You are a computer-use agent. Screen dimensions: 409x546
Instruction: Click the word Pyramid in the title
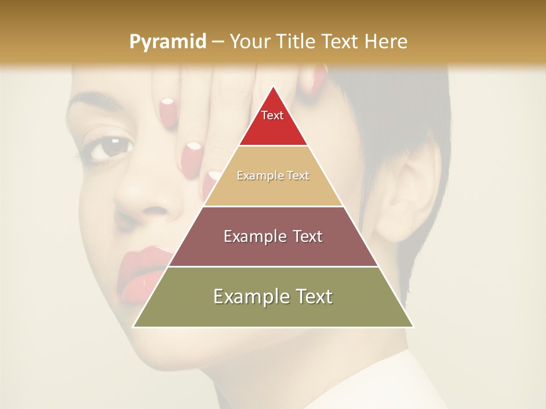[x=167, y=42]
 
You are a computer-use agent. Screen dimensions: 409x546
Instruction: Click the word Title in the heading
[x=295, y=41]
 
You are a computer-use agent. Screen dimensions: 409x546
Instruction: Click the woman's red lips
[x=142, y=273]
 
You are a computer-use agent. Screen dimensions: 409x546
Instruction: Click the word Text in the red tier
[x=272, y=115]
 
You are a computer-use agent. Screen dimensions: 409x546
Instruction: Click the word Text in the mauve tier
[x=304, y=236]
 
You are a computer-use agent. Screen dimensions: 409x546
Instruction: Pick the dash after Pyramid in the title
[x=217, y=42]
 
